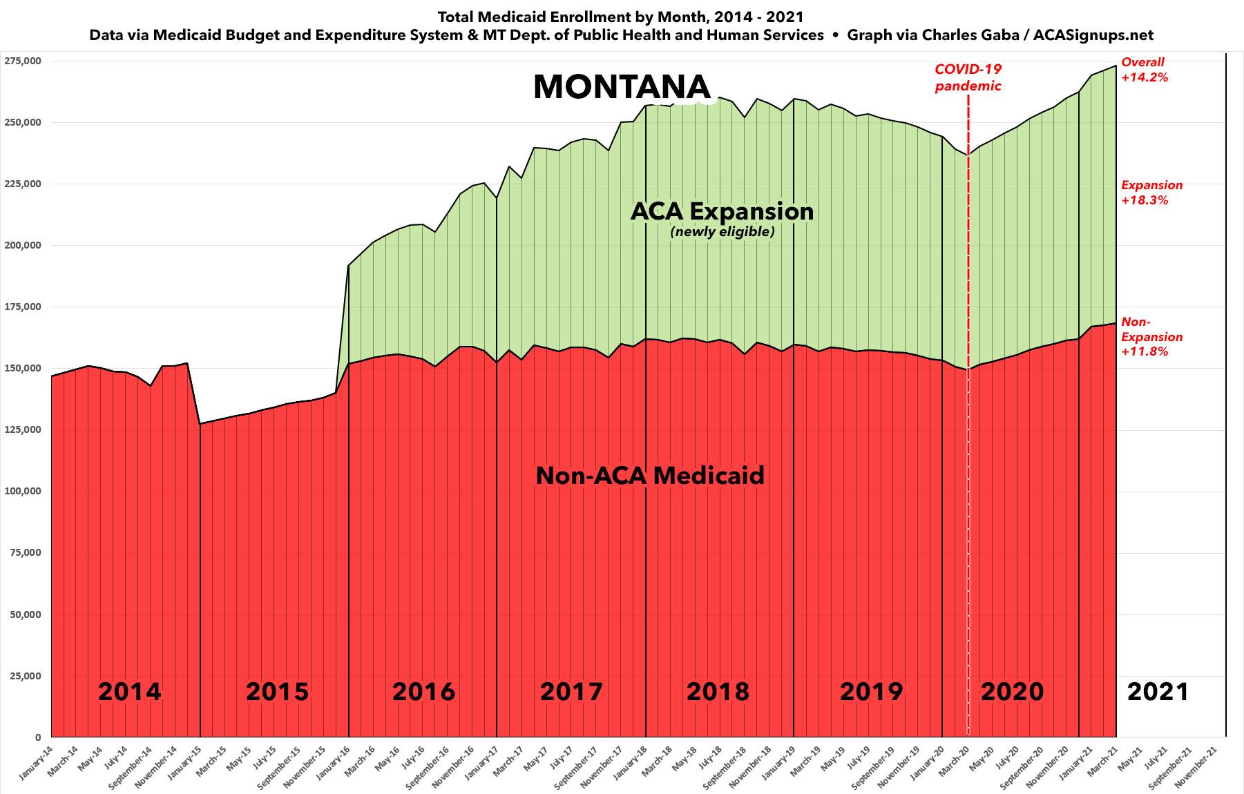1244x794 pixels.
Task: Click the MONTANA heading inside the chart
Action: [x=622, y=87]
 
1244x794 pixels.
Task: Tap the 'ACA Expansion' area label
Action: [x=722, y=211]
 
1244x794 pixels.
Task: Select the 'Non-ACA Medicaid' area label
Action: [x=650, y=476]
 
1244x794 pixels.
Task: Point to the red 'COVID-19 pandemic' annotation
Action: [x=968, y=77]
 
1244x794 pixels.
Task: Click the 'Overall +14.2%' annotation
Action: [x=1145, y=70]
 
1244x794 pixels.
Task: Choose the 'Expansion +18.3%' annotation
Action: [x=1151, y=193]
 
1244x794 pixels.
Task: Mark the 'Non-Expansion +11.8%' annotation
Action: [x=1151, y=336]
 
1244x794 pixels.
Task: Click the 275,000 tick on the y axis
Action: [x=23, y=61]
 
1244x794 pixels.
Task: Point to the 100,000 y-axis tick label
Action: [x=23, y=492]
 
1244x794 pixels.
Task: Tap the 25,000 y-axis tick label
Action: [x=26, y=676]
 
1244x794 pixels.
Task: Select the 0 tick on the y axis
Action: [x=38, y=737]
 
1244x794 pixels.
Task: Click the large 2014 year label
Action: [x=129, y=691]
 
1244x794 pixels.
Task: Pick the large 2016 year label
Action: [x=423, y=691]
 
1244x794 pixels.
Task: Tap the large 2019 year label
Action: [x=871, y=691]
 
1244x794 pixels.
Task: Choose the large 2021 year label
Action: [x=1158, y=691]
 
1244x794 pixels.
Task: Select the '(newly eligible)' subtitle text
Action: [x=722, y=232]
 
